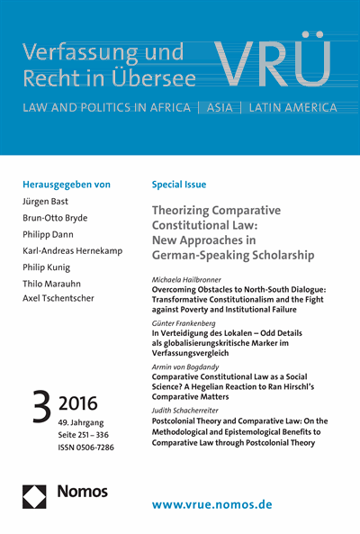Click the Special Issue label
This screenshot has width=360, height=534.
point(181,185)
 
